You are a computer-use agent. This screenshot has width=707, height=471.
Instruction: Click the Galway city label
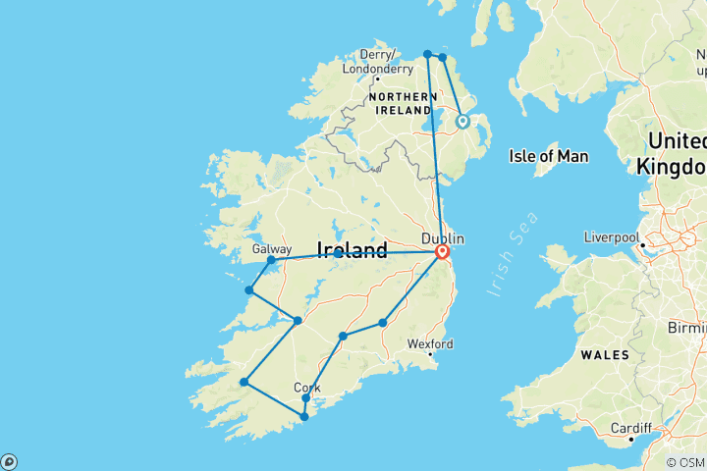[x=272, y=249]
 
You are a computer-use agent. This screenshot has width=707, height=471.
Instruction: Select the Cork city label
[x=306, y=388]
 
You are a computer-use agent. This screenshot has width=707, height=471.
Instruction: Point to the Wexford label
[x=431, y=344]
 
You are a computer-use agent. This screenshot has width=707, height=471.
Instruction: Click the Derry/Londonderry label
[x=377, y=62]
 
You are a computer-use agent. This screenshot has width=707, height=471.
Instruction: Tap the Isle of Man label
[x=548, y=156]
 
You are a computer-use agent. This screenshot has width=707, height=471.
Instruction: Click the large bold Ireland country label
[x=352, y=251]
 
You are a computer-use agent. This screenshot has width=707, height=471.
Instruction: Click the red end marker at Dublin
[x=441, y=252]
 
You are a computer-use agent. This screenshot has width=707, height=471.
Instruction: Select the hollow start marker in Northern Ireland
[x=462, y=122]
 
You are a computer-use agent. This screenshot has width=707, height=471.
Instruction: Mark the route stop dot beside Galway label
[x=271, y=261]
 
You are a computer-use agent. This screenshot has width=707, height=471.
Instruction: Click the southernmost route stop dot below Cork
[x=304, y=417]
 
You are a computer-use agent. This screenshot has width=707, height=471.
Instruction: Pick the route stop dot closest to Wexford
[x=382, y=323]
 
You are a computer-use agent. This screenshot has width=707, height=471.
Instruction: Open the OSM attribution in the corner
[x=684, y=462]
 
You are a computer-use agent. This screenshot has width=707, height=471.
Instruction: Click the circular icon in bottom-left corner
[x=9, y=461]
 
